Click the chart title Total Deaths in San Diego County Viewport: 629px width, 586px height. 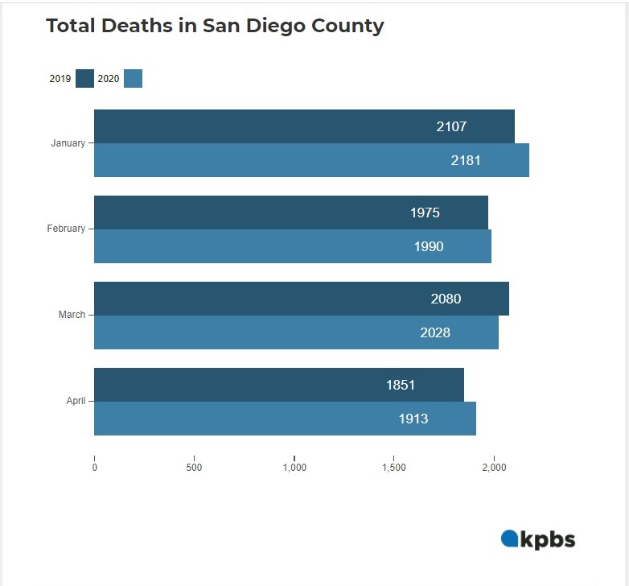tap(215, 26)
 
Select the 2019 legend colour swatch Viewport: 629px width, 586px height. tap(84, 78)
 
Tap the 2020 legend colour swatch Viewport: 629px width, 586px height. tap(134, 78)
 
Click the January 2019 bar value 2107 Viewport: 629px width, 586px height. tap(451, 126)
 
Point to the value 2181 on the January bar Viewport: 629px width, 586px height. tap(466, 160)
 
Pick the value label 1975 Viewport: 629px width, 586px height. tap(425, 213)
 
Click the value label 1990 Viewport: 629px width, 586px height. tap(429, 246)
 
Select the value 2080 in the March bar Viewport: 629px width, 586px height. tap(446, 299)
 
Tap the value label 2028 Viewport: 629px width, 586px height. tap(435, 332)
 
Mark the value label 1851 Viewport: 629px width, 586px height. tap(401, 385)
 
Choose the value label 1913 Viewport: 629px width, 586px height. tap(413, 419)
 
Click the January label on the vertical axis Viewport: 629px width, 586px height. tap(68, 143)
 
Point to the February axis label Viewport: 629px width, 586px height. tap(66, 229)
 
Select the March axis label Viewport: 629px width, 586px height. tap(72, 315)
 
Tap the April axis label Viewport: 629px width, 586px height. tap(76, 401)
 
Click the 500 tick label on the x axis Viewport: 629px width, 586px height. tap(194, 468)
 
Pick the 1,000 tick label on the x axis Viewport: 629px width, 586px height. tap(294, 468)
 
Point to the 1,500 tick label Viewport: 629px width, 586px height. tap(394, 468)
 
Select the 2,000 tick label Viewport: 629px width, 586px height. tap(494, 468)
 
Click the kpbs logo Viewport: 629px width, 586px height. tap(538, 539)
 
